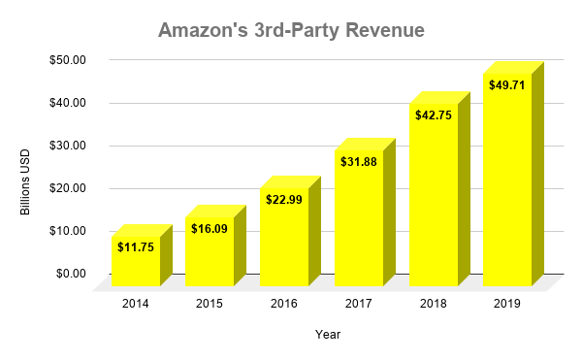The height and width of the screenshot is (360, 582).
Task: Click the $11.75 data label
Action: pyautogui.click(x=135, y=247)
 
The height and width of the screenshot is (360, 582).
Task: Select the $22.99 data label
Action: pyautogui.click(x=284, y=199)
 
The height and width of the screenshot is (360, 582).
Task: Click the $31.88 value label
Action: pyautogui.click(x=359, y=161)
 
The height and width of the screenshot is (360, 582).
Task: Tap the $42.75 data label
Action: pyautogui.click(x=434, y=115)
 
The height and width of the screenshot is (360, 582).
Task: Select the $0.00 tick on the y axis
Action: pyautogui.click(x=69, y=274)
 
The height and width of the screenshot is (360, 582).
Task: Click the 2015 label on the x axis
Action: pyautogui.click(x=210, y=305)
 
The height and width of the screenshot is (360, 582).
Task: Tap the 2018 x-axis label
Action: pyautogui.click(x=434, y=305)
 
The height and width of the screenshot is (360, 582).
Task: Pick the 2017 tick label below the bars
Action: pyautogui.click(x=359, y=305)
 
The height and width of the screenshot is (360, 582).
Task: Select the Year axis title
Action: pyautogui.click(x=327, y=335)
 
